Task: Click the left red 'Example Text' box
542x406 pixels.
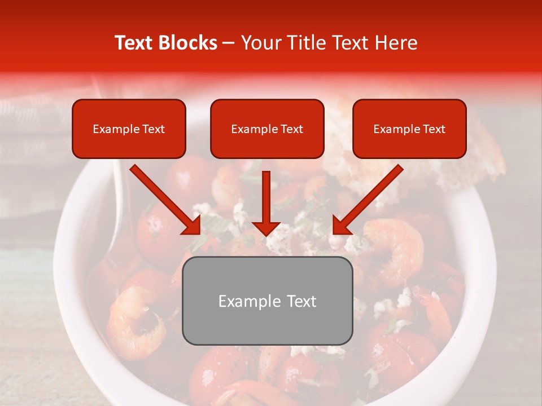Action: (x=129, y=129)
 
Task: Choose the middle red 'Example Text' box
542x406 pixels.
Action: (x=267, y=129)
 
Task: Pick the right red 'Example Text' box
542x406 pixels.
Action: (x=409, y=129)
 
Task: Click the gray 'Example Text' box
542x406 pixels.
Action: (x=267, y=301)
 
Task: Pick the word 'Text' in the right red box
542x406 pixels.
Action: (x=434, y=129)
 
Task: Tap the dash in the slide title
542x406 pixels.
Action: (x=229, y=43)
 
